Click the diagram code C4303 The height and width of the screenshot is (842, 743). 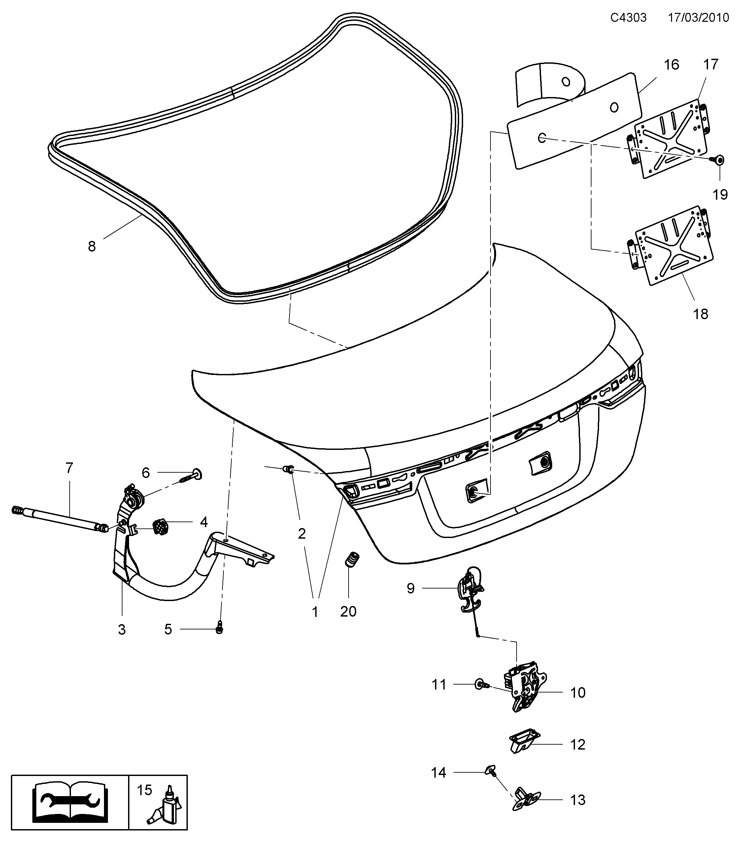tap(628, 18)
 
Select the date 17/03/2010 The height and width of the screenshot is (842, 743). tap(698, 18)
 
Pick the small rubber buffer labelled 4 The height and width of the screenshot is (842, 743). tap(159, 528)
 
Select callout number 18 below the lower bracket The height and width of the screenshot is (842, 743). tap(700, 314)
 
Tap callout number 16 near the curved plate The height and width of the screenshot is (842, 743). tap(671, 65)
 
